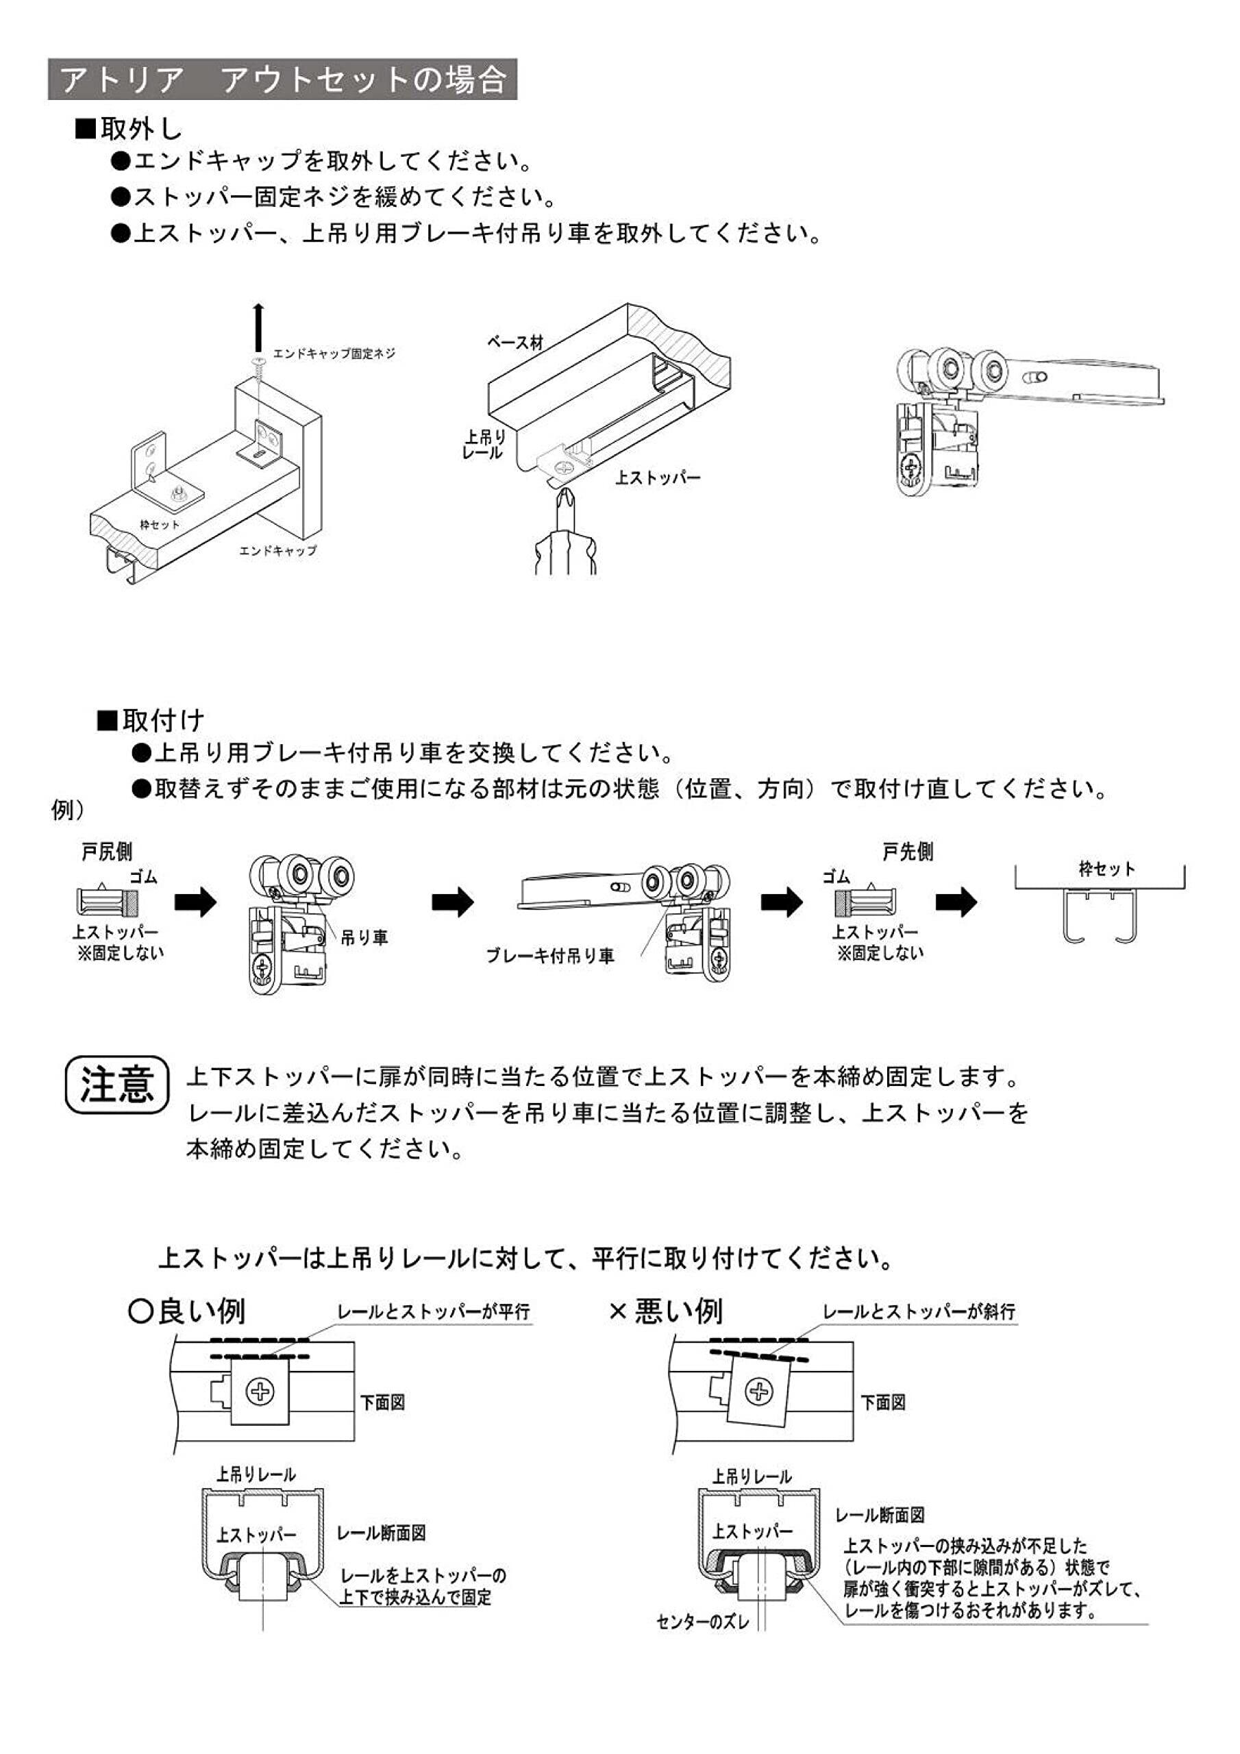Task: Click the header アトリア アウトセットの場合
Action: (282, 79)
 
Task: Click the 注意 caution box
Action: (117, 1084)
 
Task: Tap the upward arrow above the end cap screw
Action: (259, 325)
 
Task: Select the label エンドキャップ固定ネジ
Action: (334, 354)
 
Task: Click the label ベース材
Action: (515, 343)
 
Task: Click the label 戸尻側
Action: (107, 852)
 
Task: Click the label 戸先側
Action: (908, 852)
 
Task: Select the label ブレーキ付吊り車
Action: (550, 956)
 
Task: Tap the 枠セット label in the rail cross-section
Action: (1107, 868)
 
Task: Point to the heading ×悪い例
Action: (665, 1311)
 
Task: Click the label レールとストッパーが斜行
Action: (918, 1311)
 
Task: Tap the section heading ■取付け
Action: (151, 719)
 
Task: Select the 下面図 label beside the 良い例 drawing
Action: (383, 1403)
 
